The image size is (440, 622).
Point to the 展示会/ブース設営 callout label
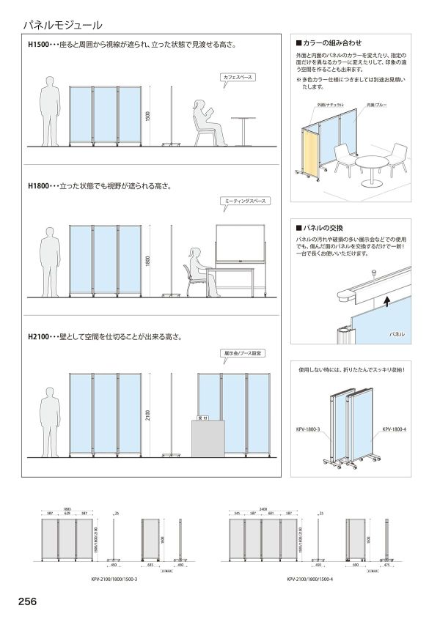pos(241,353)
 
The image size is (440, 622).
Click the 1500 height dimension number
pos(147,117)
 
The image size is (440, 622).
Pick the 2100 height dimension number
pos(147,415)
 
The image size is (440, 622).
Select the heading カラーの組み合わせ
pos(332,43)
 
